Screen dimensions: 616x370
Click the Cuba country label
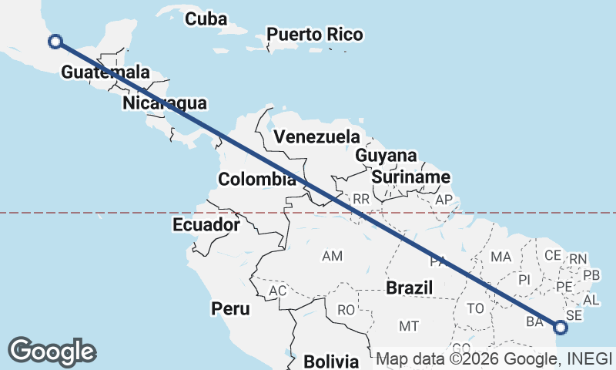coord(206,18)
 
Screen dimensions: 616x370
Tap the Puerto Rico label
coord(314,35)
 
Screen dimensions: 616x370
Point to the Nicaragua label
coord(164,103)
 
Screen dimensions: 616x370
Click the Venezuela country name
coord(316,136)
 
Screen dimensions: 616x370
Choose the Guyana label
coord(386,156)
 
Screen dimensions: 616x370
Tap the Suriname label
coord(410,177)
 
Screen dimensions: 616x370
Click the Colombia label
coord(257,180)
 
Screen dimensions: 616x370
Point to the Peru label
coord(231,309)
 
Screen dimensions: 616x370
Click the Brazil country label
coord(410,288)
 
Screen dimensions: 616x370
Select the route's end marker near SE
coord(560,328)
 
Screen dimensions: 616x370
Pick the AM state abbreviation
coord(333,255)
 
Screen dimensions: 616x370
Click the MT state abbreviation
coord(409,326)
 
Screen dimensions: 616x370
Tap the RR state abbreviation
coord(362,199)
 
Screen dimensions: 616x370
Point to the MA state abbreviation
coord(501,256)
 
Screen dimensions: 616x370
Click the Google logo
coord(52,351)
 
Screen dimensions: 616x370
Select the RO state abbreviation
coord(346,310)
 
